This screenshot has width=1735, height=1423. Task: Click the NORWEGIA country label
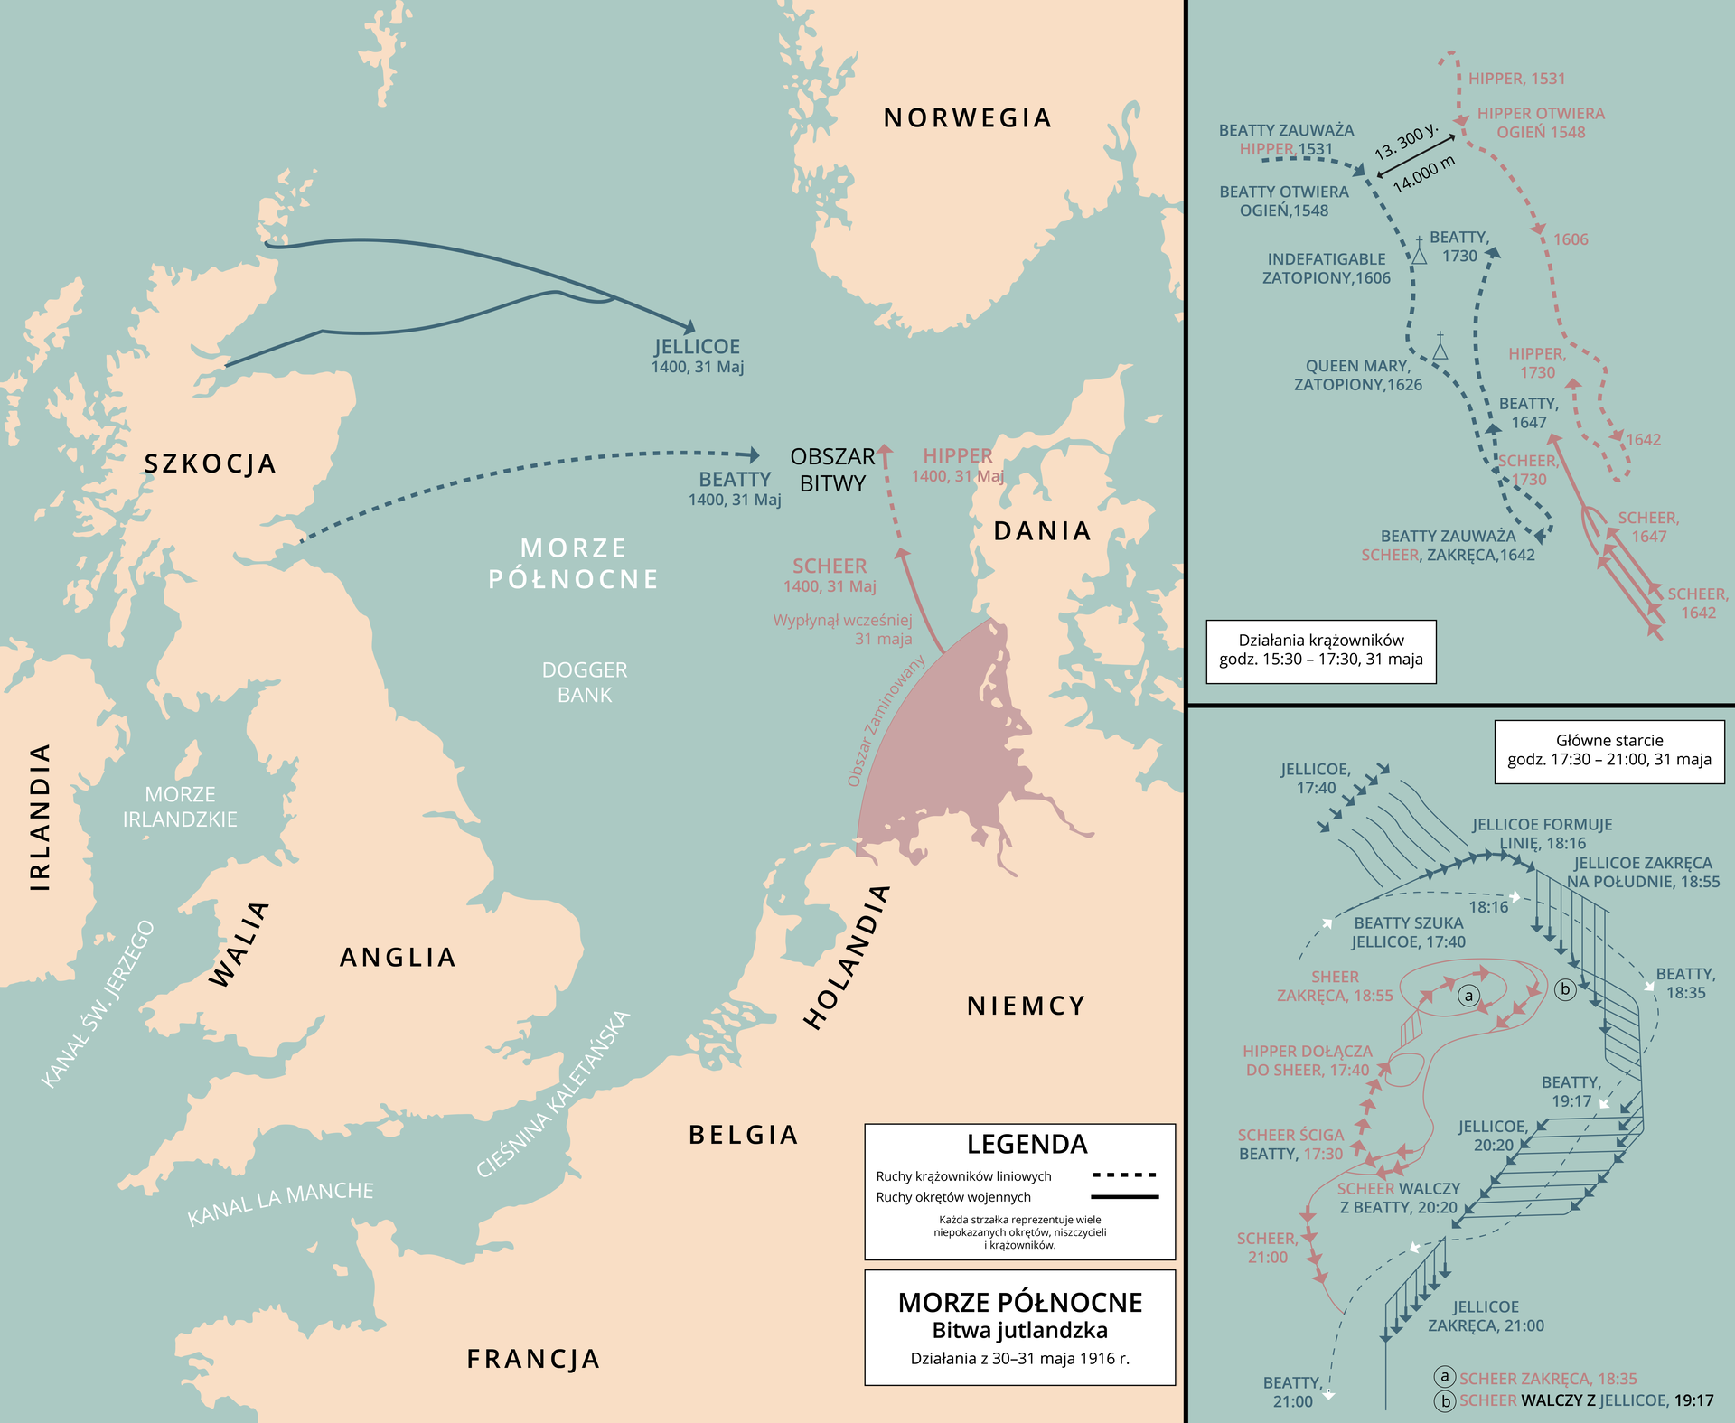click(x=967, y=118)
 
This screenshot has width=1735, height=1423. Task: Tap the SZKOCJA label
click(x=211, y=464)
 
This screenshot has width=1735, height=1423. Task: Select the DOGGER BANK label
click(x=585, y=682)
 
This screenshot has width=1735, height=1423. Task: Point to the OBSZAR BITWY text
click(x=832, y=470)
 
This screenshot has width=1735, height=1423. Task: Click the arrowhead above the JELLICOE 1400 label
click(x=690, y=327)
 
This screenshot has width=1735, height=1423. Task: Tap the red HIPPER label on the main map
click(x=957, y=456)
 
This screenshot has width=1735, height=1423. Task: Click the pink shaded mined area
click(x=940, y=759)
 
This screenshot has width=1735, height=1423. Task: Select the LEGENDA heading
click(x=1027, y=1144)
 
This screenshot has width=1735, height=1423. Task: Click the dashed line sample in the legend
click(x=1124, y=1175)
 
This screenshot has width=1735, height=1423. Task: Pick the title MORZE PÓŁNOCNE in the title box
click(x=1019, y=1302)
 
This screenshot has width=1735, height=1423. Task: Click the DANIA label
click(x=1042, y=531)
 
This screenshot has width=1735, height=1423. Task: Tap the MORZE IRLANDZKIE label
click(x=180, y=807)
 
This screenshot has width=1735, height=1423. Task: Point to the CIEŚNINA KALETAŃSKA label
click(x=552, y=1094)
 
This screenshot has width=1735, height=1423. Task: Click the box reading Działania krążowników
click(x=1320, y=651)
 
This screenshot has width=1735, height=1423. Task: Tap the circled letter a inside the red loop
click(x=1469, y=997)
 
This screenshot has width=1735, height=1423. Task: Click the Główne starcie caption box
click(x=1608, y=750)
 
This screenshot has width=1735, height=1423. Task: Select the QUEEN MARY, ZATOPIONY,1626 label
click(x=1357, y=375)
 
